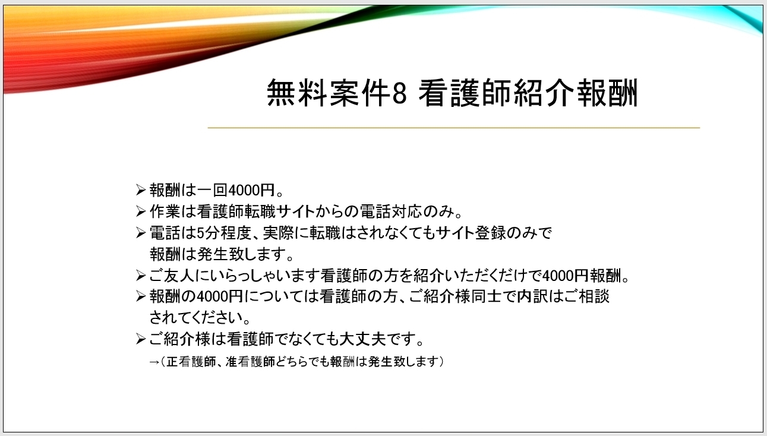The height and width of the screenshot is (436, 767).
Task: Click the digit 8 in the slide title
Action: click(400, 93)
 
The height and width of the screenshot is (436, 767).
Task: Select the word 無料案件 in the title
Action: click(329, 93)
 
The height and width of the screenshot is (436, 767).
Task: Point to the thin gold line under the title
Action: click(454, 128)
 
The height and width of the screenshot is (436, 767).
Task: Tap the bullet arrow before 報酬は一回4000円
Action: click(141, 189)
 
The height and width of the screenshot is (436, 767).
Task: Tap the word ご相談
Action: click(586, 296)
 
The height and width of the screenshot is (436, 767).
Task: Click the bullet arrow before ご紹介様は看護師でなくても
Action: click(141, 339)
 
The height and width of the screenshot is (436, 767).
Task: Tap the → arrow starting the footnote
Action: click(154, 362)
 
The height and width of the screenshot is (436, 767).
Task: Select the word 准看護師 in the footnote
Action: click(250, 361)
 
